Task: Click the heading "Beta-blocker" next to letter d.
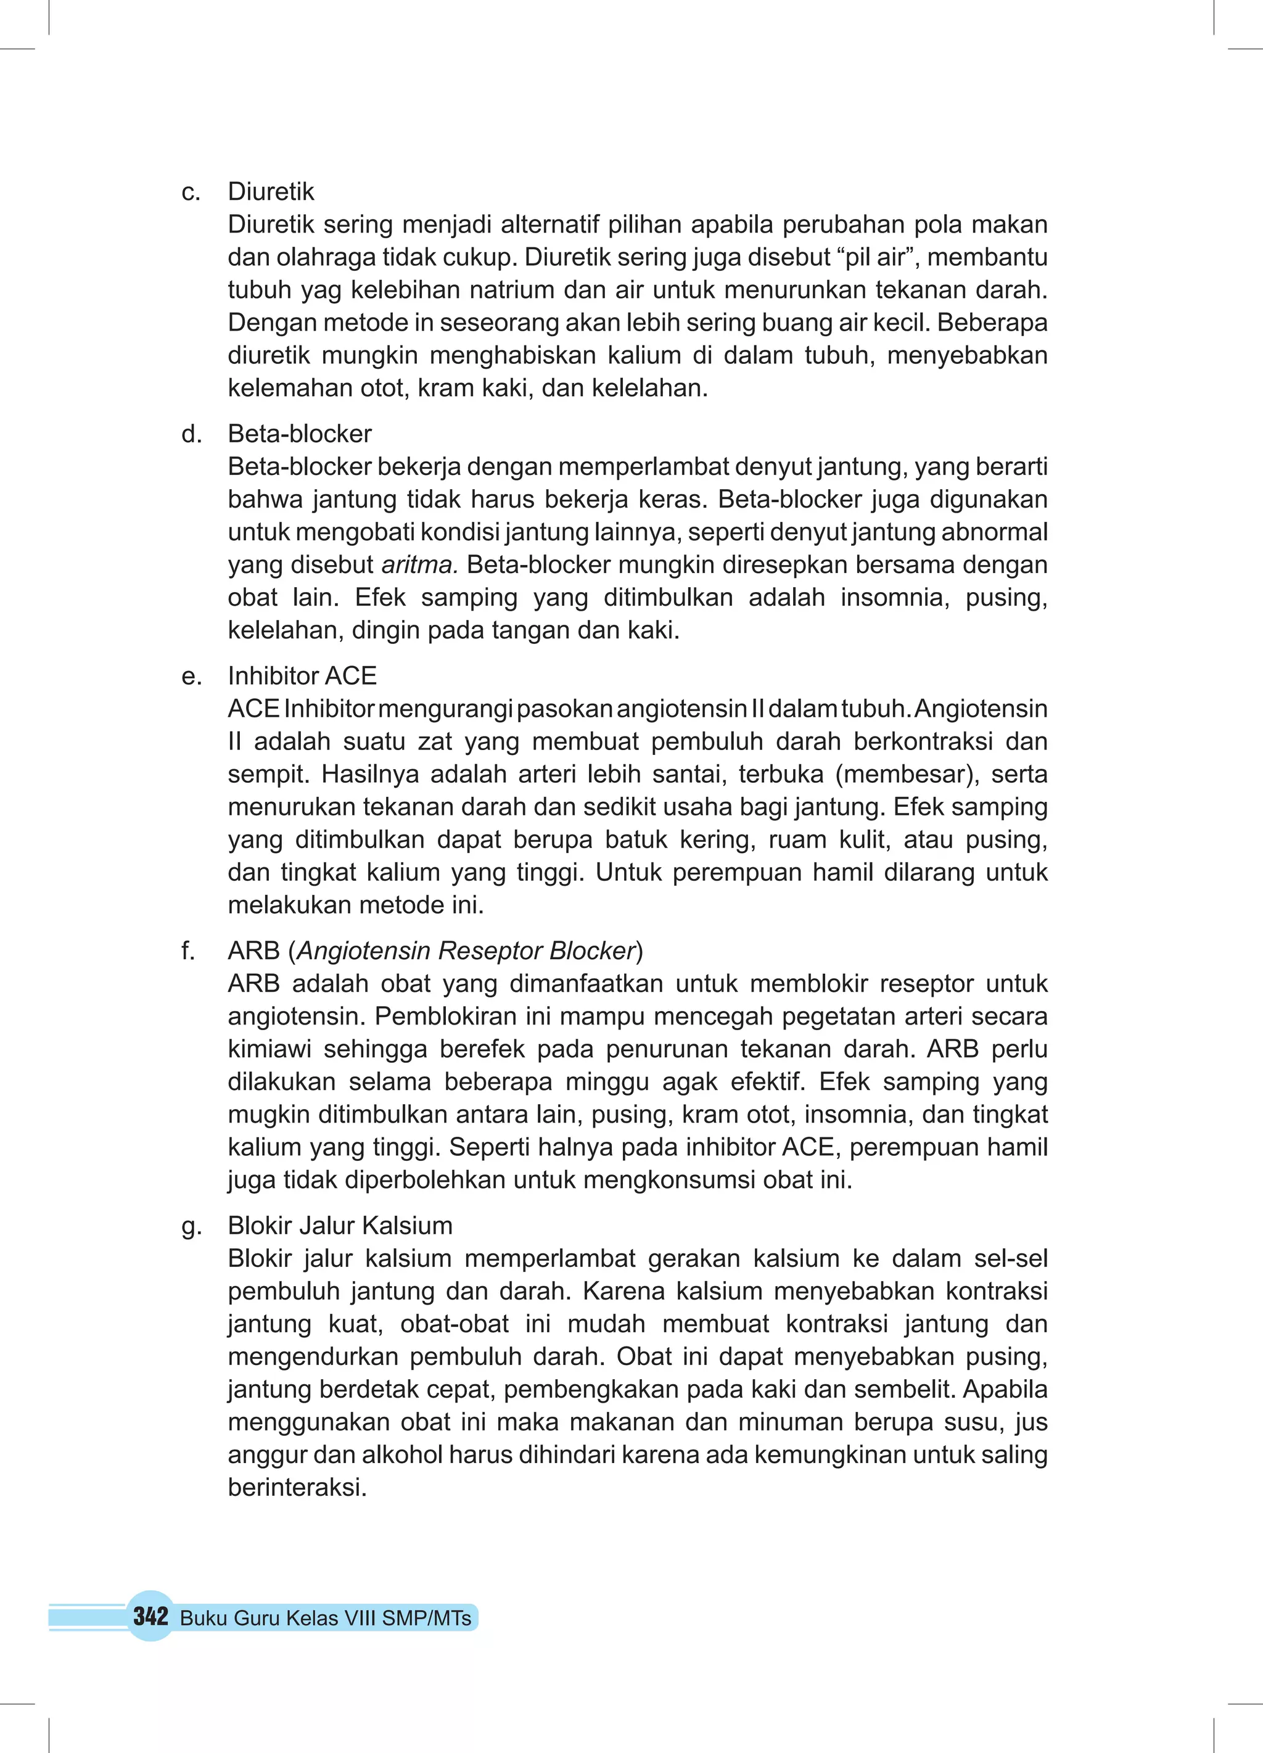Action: click(x=299, y=434)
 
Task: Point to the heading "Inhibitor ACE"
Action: click(x=302, y=676)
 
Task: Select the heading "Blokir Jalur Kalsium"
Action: click(x=339, y=1226)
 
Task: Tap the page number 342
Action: click(x=150, y=1616)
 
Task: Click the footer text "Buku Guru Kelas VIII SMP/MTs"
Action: click(x=326, y=1618)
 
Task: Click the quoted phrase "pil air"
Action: click(x=876, y=257)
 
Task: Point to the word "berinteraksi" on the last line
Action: click(x=296, y=1487)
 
